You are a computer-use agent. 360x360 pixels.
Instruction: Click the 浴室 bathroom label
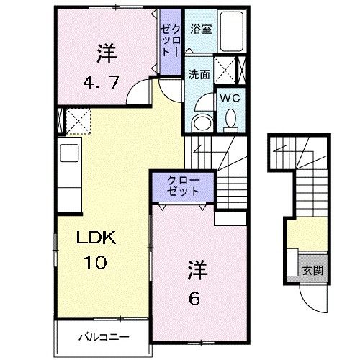point(200,30)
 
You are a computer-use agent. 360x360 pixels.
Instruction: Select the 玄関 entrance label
point(311,271)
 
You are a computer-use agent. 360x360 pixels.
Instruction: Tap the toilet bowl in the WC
point(231,118)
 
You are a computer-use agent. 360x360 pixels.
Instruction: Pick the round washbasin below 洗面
point(202,120)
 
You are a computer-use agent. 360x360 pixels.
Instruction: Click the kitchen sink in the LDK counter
point(69,153)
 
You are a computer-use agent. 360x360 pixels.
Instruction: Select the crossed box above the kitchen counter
point(76,119)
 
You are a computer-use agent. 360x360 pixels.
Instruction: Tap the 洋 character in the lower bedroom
point(198,271)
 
